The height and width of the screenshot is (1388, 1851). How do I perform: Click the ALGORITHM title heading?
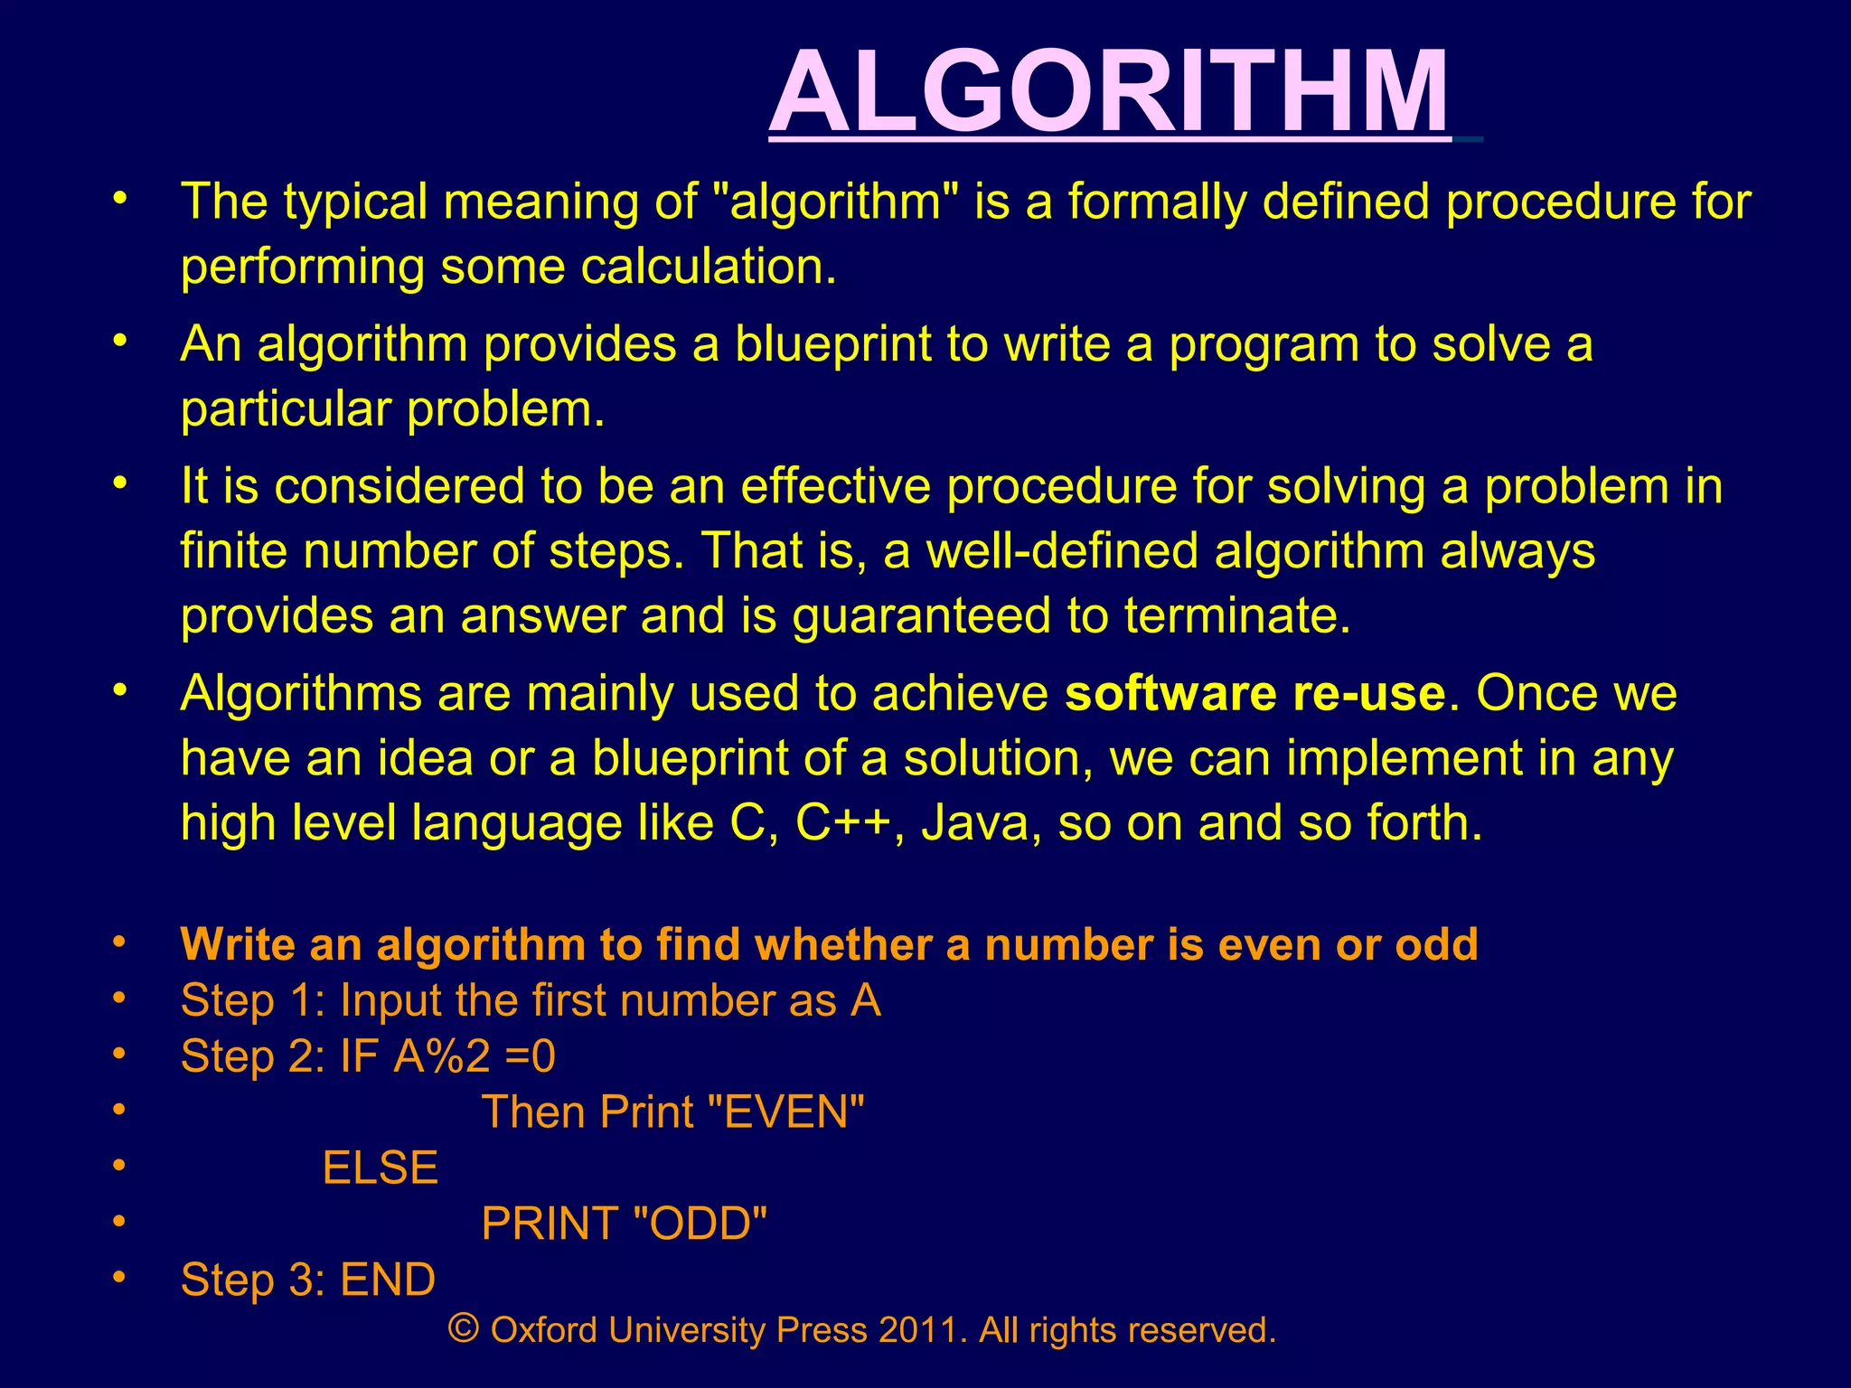tap(1109, 92)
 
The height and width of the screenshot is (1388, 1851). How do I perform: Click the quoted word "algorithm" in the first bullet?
tap(835, 201)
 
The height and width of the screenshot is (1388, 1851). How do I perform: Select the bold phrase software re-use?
tap(1255, 693)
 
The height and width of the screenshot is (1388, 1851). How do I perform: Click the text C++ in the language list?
tap(843, 823)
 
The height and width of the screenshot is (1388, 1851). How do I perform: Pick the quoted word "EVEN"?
tap(783, 1111)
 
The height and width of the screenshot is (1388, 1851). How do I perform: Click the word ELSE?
tap(381, 1168)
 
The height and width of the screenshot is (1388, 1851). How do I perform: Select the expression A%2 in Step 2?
tap(442, 1055)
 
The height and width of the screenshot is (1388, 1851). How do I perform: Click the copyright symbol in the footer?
tap(464, 1328)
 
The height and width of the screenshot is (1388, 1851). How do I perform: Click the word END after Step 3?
tap(388, 1280)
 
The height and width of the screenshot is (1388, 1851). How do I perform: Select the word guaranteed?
tap(922, 616)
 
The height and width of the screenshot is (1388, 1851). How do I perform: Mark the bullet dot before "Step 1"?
tap(118, 999)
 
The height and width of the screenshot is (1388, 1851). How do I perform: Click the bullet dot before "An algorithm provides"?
tap(118, 341)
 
